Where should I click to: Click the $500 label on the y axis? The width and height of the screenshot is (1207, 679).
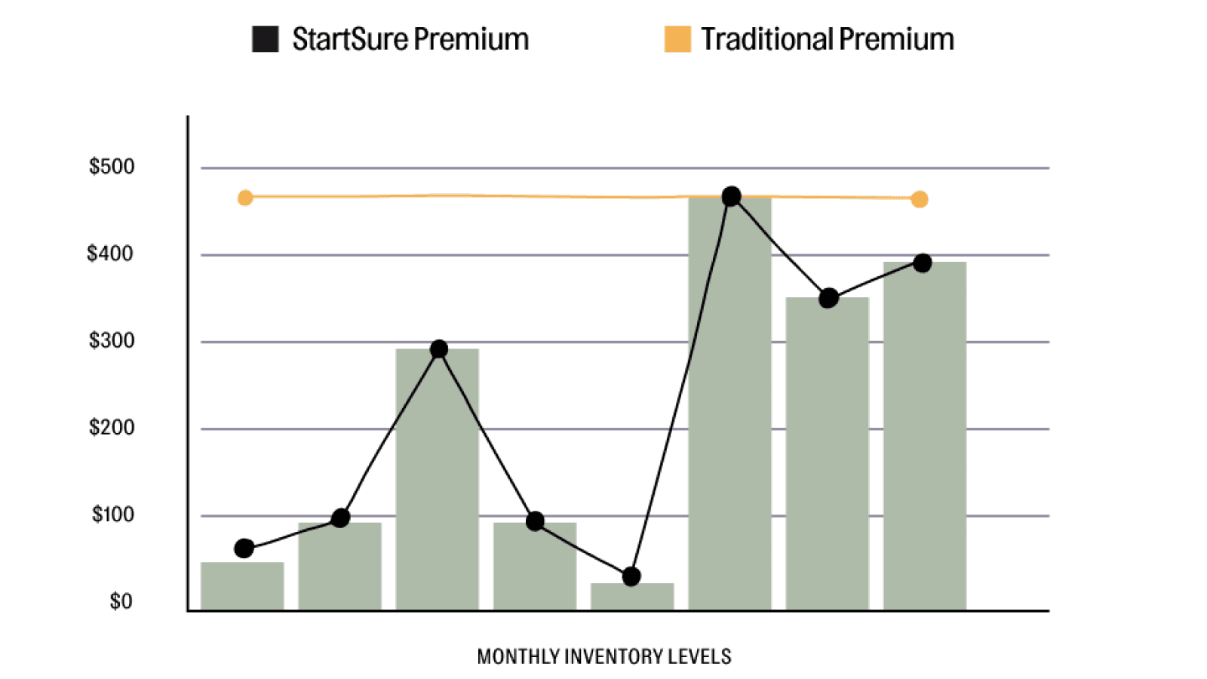pos(112,167)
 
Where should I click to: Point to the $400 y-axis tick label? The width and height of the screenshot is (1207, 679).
pos(110,253)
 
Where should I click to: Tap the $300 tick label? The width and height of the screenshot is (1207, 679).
pos(112,341)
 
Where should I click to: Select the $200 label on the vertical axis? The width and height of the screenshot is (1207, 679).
pos(112,428)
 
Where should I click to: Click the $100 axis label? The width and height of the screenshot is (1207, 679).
pos(113,515)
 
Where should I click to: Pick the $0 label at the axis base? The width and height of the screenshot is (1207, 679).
pos(121,601)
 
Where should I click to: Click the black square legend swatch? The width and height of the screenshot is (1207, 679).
pos(265,39)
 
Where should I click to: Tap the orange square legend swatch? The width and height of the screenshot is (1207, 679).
pos(677,39)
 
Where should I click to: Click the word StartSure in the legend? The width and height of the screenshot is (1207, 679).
pos(349,39)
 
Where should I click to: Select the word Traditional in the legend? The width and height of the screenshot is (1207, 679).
pos(766,39)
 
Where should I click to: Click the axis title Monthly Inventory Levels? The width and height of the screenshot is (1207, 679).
pos(603,656)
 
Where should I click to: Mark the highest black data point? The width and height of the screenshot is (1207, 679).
pos(731,197)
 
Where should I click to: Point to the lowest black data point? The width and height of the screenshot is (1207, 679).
pos(631,576)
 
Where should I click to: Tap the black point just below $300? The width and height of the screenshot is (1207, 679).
pos(439,349)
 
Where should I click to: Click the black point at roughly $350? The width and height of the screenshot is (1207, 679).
pos(828,298)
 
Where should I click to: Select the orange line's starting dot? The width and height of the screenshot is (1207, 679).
pos(245,198)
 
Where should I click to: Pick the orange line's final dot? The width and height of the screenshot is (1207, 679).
pos(919,199)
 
